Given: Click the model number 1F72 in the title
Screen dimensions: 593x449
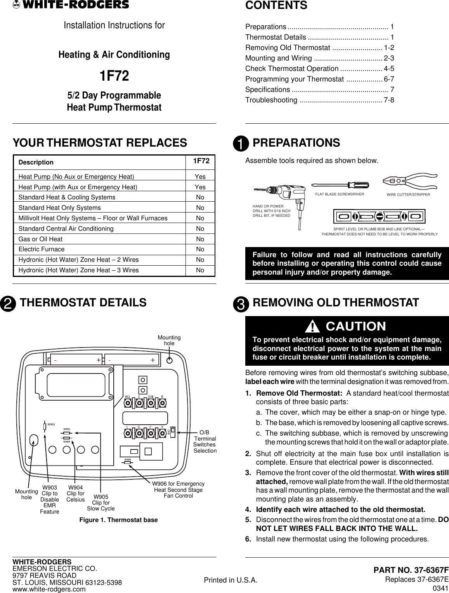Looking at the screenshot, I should click(x=114, y=76).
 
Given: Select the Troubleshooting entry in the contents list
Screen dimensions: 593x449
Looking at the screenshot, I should click(x=272, y=100).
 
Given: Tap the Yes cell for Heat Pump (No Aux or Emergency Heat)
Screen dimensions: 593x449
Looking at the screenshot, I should click(x=200, y=176).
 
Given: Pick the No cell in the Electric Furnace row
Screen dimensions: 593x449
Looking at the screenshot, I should click(x=200, y=249).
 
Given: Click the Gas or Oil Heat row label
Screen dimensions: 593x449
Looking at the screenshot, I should click(x=40, y=239).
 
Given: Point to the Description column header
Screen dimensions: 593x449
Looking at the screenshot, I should click(x=36, y=162).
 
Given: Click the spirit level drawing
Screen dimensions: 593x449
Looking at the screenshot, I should click(x=380, y=216).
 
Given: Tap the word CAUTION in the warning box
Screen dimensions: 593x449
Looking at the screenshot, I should click(x=356, y=326).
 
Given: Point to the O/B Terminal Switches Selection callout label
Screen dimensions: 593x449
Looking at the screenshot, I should click(x=205, y=441).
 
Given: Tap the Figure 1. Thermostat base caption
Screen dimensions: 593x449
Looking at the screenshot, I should click(x=118, y=520).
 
